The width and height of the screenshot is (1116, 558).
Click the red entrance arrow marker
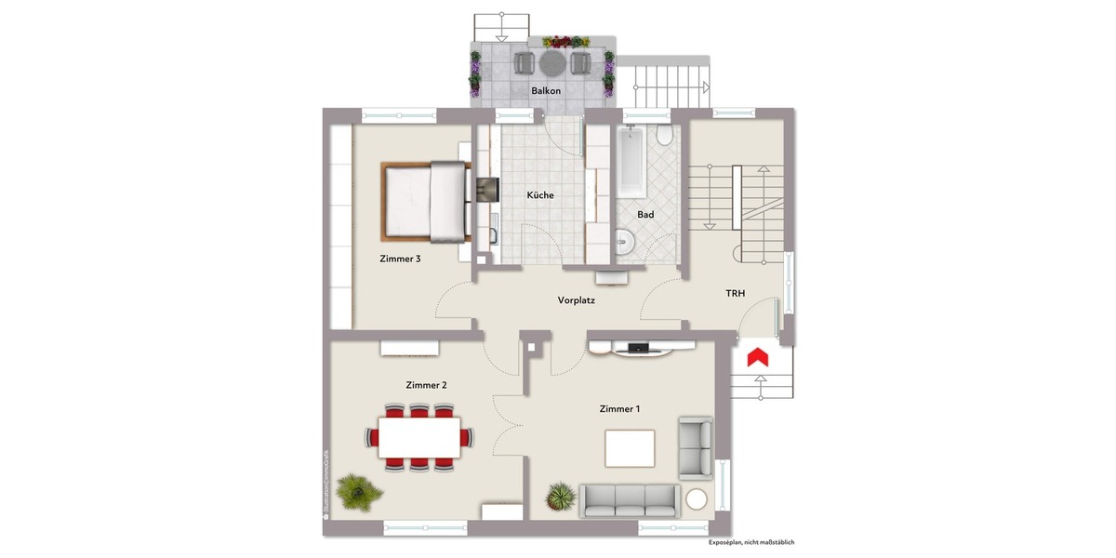click(757, 356)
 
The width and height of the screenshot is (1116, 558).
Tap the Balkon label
click(545, 91)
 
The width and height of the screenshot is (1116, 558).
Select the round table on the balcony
click(551, 62)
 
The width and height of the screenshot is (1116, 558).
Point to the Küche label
click(540, 195)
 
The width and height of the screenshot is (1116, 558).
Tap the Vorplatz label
click(577, 300)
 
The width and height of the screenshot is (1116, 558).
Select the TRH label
click(736, 293)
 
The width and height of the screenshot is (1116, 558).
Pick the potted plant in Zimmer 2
click(358, 490)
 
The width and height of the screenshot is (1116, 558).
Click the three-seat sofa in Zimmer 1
click(629, 499)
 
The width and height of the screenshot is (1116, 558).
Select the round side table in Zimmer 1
click(697, 499)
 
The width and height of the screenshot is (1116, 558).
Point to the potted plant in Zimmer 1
click(561, 496)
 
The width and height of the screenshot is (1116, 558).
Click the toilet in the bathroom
click(664, 136)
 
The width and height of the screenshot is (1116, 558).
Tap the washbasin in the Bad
click(625, 244)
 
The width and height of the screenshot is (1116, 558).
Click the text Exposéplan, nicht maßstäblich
click(751, 542)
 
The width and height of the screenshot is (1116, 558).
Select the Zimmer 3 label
click(400, 259)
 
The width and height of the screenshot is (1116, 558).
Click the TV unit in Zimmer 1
click(641, 349)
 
